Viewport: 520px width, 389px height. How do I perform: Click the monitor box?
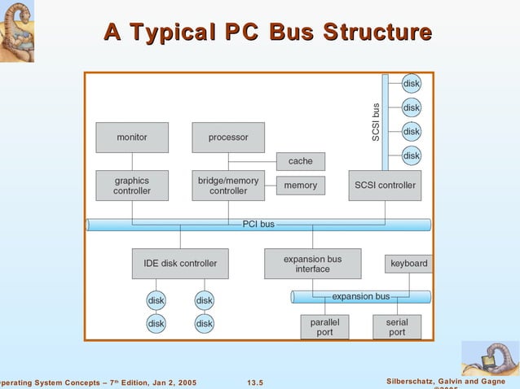[132, 138]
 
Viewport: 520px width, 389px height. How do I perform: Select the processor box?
[228, 138]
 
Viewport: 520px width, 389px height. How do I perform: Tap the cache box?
[301, 161]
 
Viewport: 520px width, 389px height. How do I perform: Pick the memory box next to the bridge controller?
[301, 186]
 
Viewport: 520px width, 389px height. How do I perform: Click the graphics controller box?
[132, 186]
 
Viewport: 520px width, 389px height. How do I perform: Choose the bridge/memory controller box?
[228, 186]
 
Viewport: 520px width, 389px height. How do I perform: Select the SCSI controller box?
[385, 186]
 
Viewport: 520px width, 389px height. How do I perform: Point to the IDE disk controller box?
[180, 264]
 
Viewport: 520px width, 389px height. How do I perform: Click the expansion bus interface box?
[312, 264]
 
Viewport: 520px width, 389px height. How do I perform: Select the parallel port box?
[324, 327]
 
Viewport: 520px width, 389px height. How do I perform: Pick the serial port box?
[397, 327]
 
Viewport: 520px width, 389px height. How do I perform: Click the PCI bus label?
[258, 224]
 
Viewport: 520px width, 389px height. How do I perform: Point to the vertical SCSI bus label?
[376, 121]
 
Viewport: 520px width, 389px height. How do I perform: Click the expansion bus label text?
[360, 296]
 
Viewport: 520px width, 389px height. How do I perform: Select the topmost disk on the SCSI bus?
[412, 83]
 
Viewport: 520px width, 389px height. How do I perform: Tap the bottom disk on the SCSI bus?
[412, 155]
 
